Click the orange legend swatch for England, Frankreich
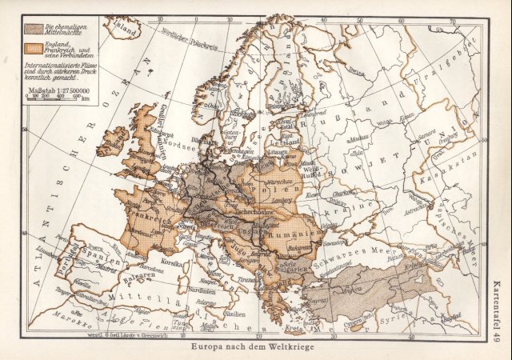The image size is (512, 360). coord(34,48)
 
